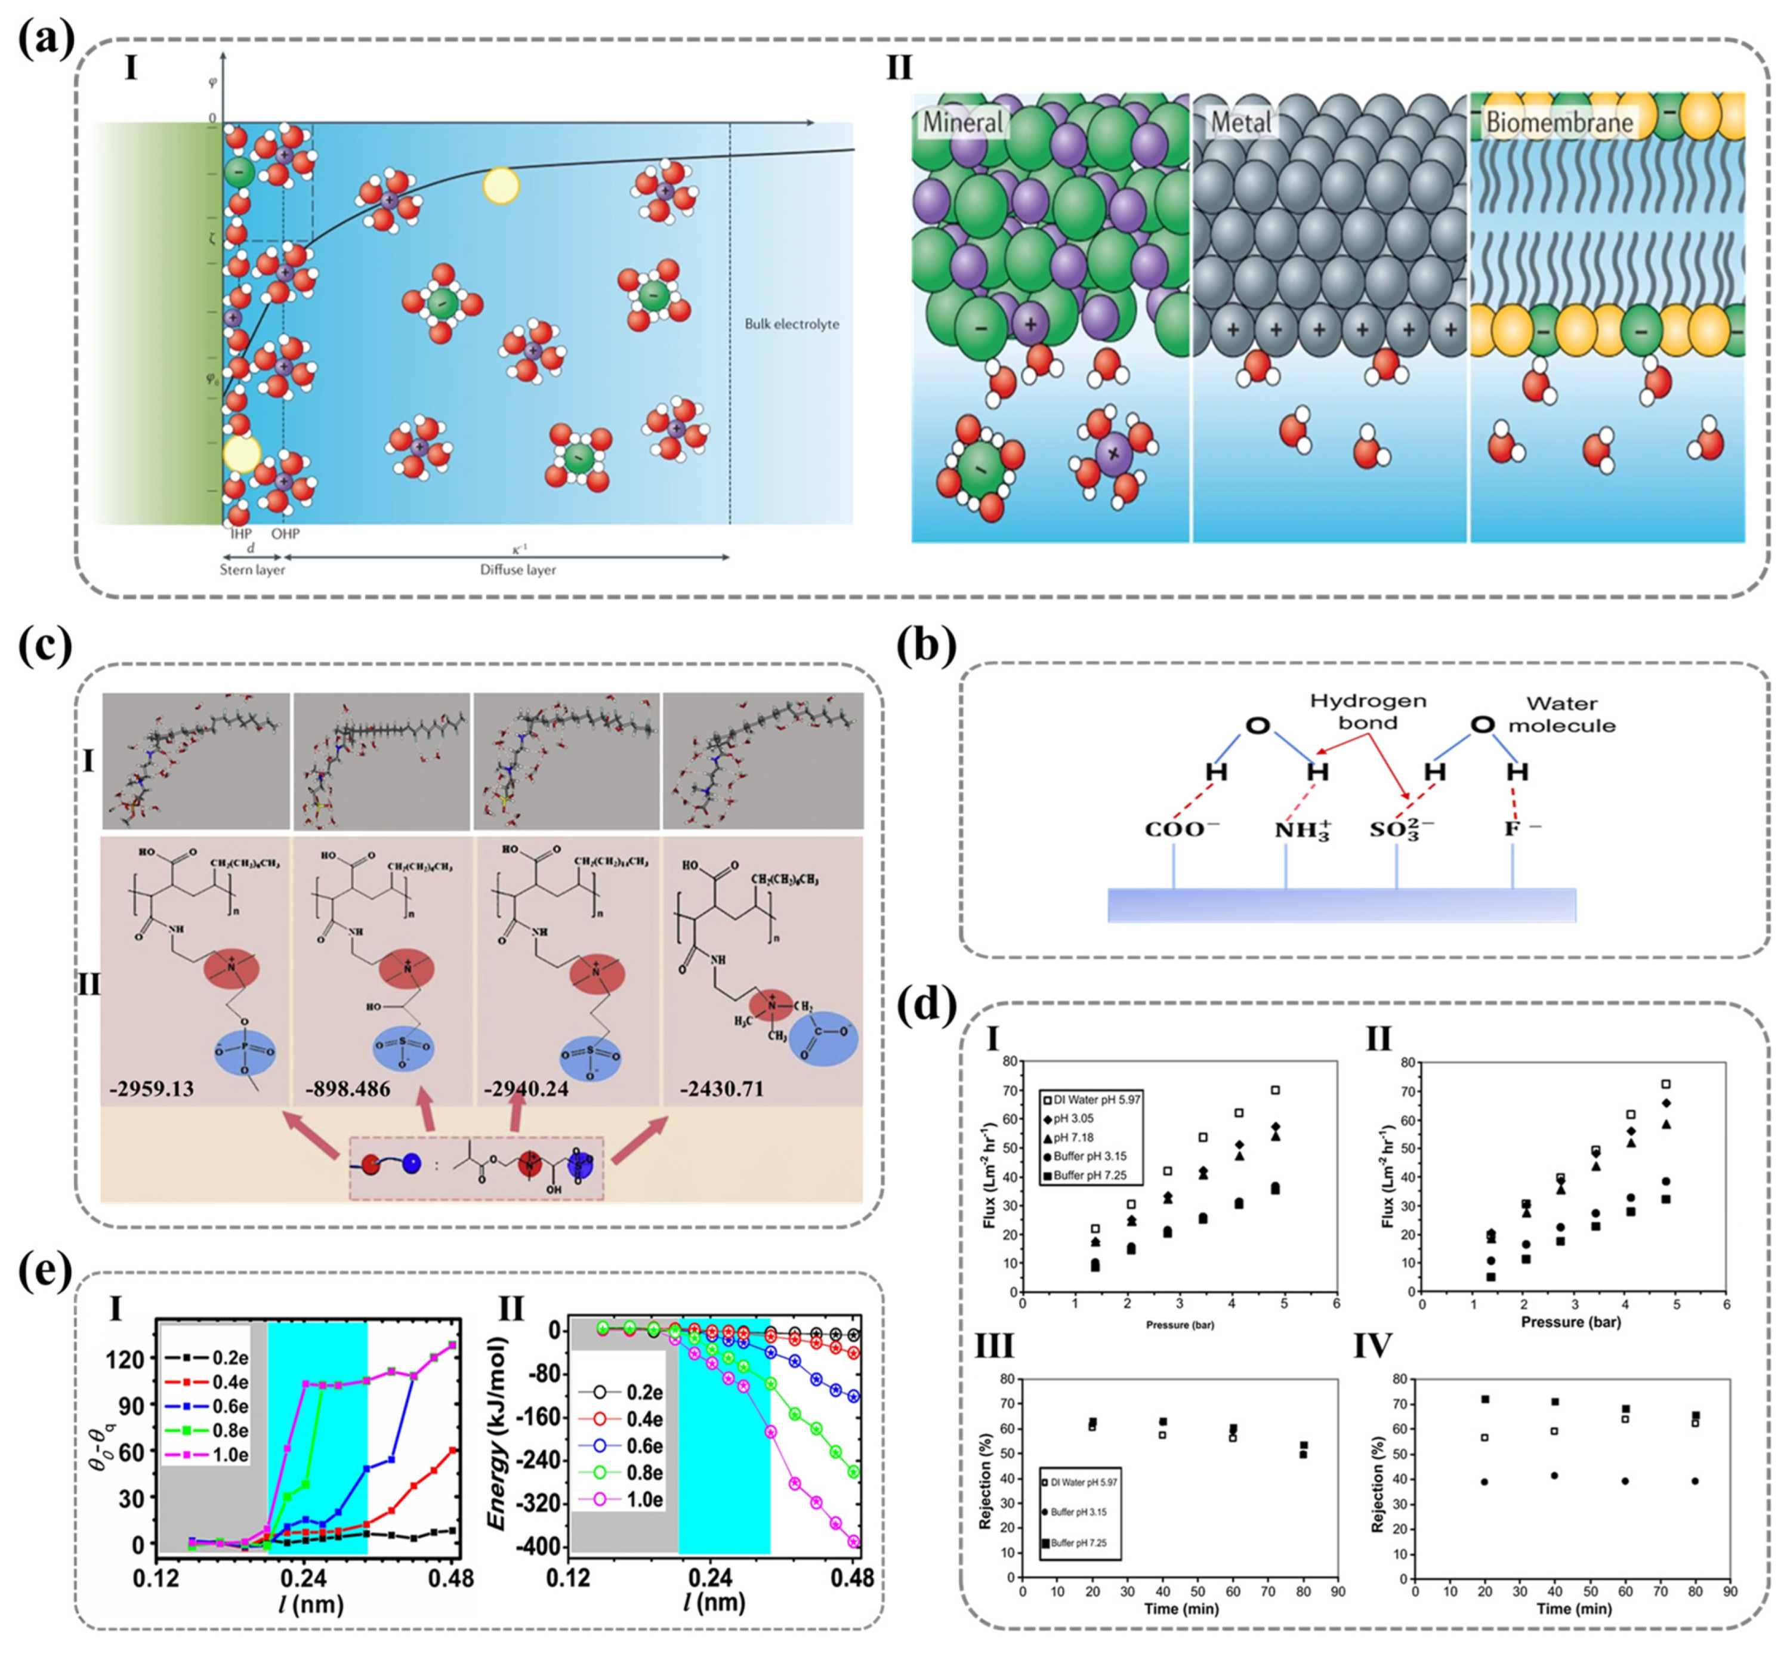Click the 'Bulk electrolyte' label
pos(792,324)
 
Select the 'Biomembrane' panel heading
pos(1559,122)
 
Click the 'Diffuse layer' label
pos(517,569)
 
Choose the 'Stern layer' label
pos(252,569)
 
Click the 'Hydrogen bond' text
pos(1368,711)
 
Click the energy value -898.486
pos(347,1090)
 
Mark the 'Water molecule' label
pos(1561,714)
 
